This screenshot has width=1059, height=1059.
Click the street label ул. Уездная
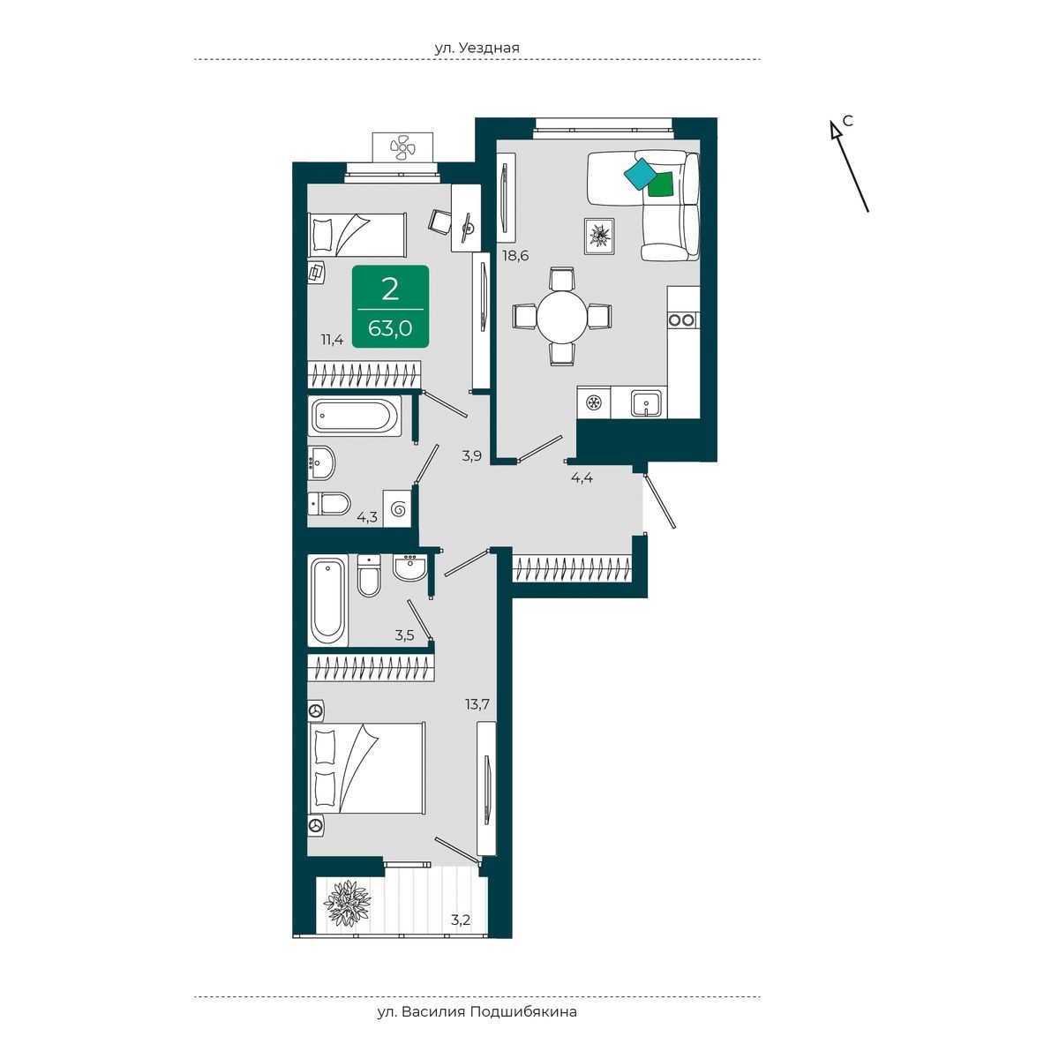[477, 48]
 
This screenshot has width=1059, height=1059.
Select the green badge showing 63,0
[390, 306]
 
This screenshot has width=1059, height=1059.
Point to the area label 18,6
[515, 256]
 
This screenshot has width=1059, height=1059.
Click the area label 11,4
[333, 340]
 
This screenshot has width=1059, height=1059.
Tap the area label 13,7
[477, 704]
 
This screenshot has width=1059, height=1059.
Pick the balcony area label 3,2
[461, 920]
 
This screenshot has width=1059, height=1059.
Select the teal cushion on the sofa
[641, 174]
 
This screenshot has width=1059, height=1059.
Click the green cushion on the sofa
[661, 183]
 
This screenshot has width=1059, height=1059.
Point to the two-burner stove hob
[682, 319]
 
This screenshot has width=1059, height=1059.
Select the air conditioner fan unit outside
[402, 147]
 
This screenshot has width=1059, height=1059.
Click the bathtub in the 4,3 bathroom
[355, 417]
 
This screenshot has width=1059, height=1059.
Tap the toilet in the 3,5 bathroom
[369, 576]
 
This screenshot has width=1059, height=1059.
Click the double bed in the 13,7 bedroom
[367, 769]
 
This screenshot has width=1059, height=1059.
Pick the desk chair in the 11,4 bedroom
[440, 222]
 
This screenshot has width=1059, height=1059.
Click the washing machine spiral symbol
[398, 509]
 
